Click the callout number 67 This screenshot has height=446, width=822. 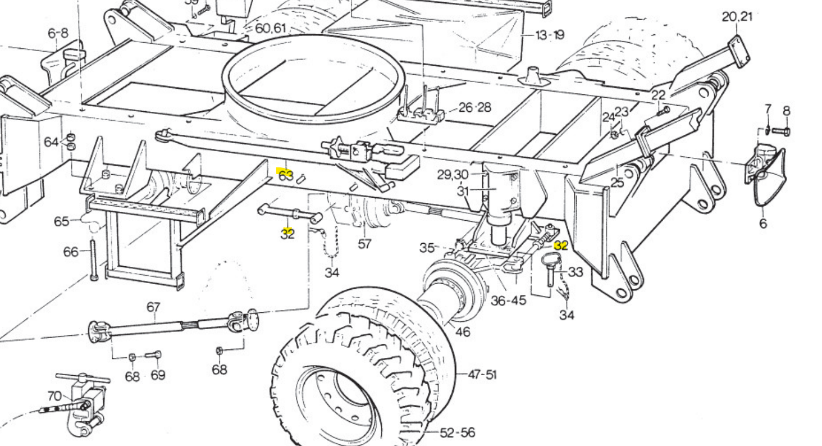[153, 307]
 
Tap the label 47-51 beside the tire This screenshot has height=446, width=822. [482, 374]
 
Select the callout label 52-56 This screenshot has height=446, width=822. [457, 433]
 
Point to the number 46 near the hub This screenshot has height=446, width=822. [462, 331]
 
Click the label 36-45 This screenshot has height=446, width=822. [508, 301]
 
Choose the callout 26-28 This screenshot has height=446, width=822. [474, 107]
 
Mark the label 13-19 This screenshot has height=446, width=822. [550, 35]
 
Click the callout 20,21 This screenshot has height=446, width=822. [737, 16]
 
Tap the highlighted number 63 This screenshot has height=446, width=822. [286, 175]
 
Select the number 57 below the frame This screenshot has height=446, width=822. [364, 244]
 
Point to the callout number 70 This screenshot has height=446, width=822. [54, 397]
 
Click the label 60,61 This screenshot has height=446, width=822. [271, 28]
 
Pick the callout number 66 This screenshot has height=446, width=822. [71, 252]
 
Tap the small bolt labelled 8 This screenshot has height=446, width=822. [781, 131]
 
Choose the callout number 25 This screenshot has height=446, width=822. [617, 183]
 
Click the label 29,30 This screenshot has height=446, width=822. [453, 175]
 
